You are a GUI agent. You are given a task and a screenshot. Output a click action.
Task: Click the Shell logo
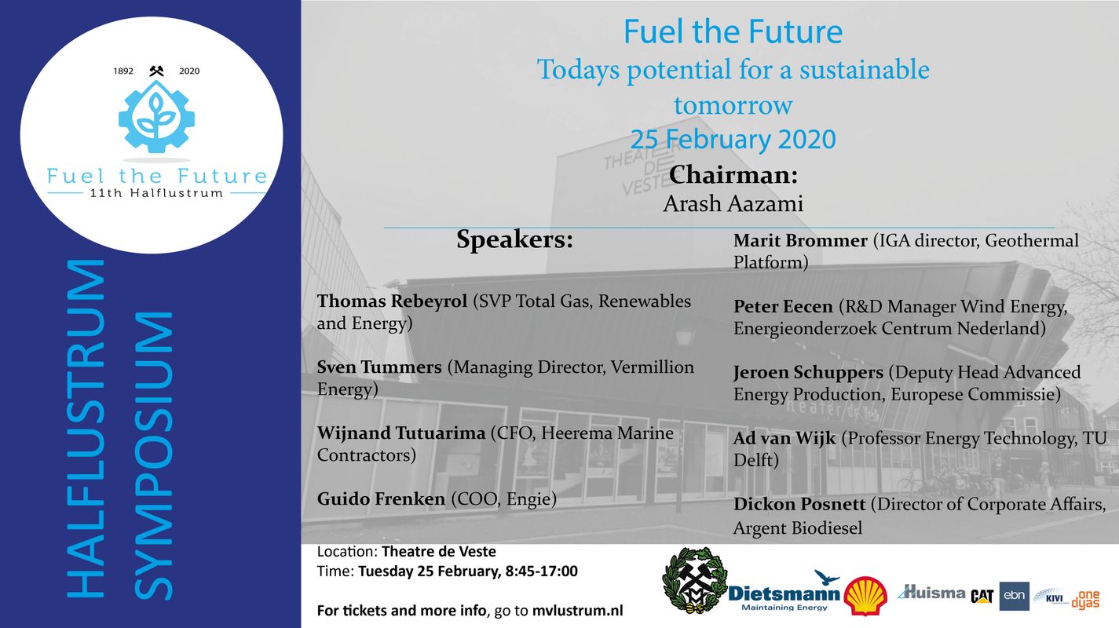coord(865,595)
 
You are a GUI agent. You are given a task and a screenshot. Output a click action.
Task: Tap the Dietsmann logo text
coord(784,594)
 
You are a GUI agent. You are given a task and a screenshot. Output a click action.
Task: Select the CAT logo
coord(982,596)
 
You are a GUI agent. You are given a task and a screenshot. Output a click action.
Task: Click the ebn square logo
coord(1014,596)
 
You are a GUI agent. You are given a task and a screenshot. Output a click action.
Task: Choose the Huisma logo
coord(931,593)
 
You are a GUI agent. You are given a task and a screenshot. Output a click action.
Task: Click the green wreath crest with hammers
coord(694,580)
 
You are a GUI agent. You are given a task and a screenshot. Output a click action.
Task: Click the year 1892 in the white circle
coord(123,71)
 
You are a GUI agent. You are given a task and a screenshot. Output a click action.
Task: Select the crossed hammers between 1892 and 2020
coord(156,71)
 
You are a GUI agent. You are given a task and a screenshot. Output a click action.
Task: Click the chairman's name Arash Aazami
coord(733,203)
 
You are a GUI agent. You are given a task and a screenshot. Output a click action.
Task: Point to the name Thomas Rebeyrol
coord(392,301)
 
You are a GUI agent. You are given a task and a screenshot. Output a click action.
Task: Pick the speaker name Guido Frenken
coord(381,498)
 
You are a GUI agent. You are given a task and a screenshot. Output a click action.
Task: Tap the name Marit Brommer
coord(800,241)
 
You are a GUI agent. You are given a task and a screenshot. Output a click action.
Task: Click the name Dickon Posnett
coord(799,504)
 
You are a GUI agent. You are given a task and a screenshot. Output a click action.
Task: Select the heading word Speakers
coord(514,239)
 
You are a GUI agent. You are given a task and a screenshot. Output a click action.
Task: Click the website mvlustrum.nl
coord(577,611)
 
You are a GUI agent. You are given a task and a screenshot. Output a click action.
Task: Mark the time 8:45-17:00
coord(542,571)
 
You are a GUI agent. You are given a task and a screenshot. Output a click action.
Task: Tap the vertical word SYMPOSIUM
coord(154,456)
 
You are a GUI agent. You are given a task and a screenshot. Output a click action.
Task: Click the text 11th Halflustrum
coord(156,193)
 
